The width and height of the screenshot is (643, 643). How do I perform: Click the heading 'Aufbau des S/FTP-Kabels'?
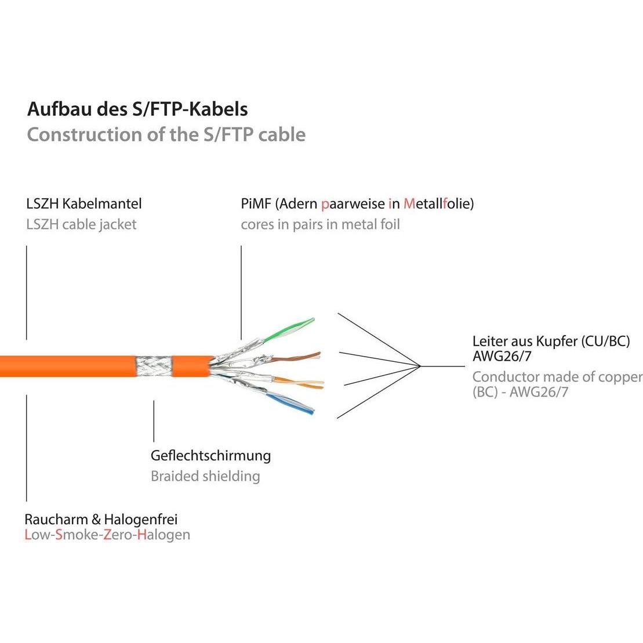[x=137, y=109]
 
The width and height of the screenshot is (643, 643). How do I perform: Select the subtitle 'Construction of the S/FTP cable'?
[x=166, y=135]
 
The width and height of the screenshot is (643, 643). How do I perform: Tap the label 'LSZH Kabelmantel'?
[x=84, y=204]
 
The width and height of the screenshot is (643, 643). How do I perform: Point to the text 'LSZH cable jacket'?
[x=81, y=224]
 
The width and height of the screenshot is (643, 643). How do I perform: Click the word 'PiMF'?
[x=256, y=204]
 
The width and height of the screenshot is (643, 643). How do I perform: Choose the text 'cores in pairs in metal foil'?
[x=320, y=224]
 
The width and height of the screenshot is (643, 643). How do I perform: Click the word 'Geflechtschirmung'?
[x=210, y=455]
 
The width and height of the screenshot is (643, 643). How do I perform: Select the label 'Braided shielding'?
[x=205, y=476]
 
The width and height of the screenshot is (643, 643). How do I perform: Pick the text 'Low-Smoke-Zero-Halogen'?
[x=107, y=534]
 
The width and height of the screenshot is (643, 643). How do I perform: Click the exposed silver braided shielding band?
[x=154, y=366]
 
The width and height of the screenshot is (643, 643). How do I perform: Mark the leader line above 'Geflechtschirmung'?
[x=154, y=420]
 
